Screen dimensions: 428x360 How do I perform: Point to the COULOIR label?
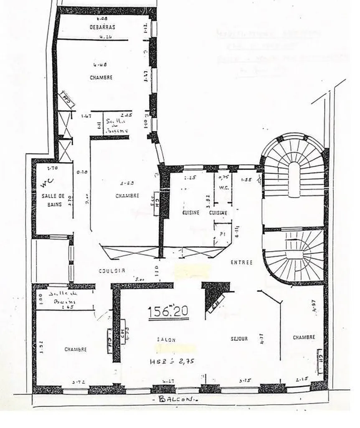click(112, 270)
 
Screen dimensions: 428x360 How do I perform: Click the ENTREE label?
click(241, 262)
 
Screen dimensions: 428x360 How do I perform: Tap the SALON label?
click(166, 340)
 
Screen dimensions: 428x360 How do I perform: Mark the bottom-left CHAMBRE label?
click(76, 349)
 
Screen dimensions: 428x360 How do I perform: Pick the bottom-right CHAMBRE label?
click(304, 337)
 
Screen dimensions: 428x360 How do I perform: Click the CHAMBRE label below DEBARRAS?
click(101, 78)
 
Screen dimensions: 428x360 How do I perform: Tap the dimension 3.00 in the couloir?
click(139, 278)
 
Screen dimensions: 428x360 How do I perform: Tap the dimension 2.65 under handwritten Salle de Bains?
click(63, 307)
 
